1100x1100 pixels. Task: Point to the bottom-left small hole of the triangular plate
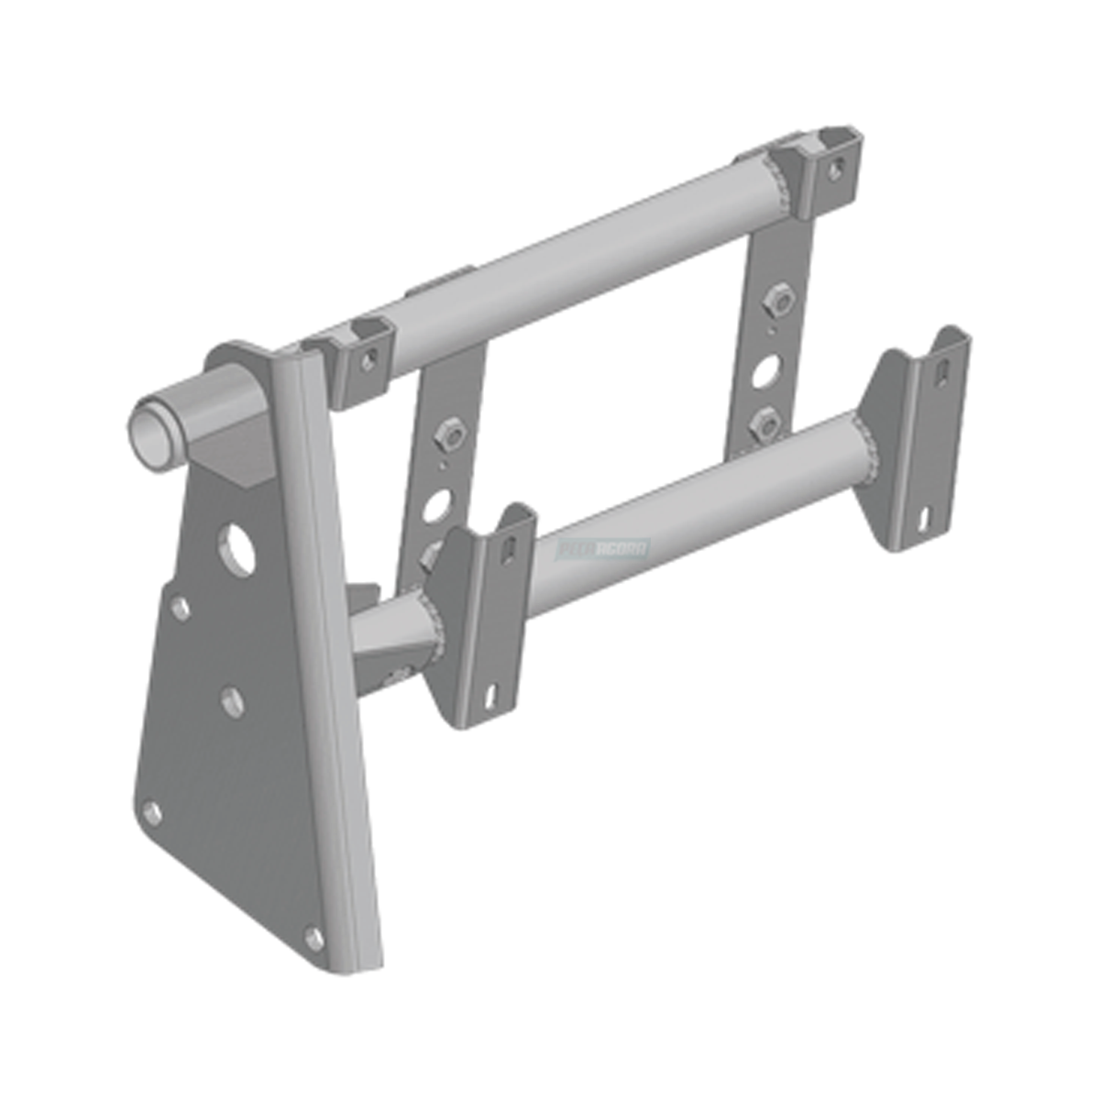tap(152, 812)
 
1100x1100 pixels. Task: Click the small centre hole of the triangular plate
tap(233, 702)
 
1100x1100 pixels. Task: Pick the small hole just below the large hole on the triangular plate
tap(181, 608)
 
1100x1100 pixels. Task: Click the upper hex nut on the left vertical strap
tap(448, 434)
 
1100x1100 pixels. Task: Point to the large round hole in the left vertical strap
tap(438, 505)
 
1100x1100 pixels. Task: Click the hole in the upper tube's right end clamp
tap(836, 168)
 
